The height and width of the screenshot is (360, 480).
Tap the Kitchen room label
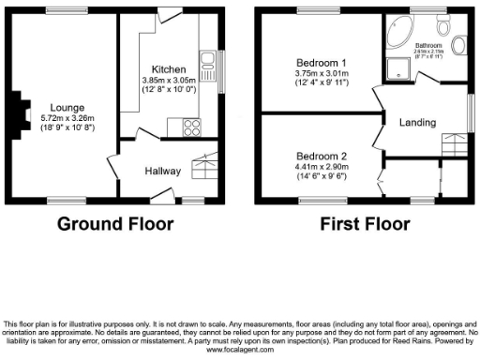tap(170, 69)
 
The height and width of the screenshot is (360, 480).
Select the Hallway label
tap(161, 171)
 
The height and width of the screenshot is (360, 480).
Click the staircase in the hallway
tap(202, 167)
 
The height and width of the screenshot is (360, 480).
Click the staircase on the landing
tap(456, 146)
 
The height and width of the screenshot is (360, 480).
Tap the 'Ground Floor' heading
tap(115, 224)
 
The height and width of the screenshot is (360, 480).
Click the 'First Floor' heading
tap(365, 224)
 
